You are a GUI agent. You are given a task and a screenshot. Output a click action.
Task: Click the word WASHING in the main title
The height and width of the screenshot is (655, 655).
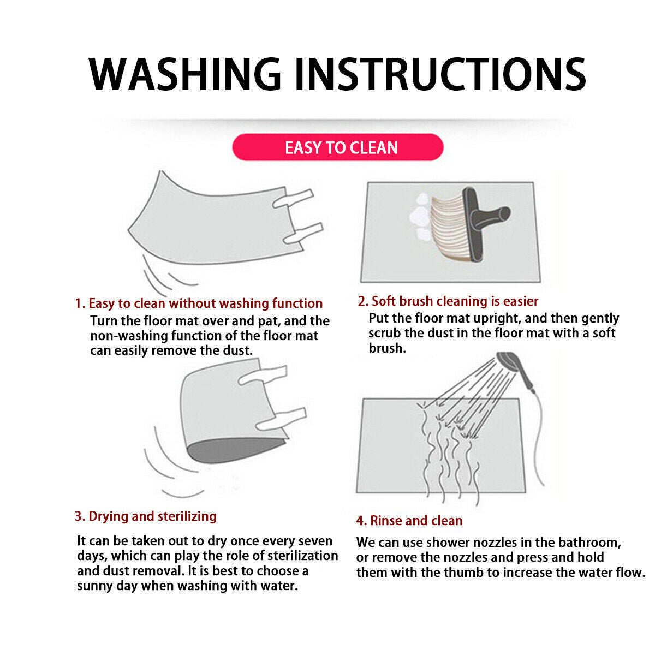pyautogui.click(x=184, y=74)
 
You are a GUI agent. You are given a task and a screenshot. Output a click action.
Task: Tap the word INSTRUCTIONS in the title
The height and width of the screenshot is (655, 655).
pyautogui.click(x=440, y=74)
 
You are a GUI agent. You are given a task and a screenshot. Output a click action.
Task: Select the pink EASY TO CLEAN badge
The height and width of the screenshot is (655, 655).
pyautogui.click(x=337, y=147)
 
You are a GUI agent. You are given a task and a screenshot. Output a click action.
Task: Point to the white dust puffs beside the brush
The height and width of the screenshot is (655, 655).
pyautogui.click(x=420, y=218)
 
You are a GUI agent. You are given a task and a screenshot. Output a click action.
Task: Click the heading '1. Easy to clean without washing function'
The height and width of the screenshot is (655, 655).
pyautogui.click(x=199, y=303)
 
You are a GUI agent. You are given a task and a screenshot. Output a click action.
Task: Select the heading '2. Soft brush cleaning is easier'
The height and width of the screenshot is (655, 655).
pyautogui.click(x=448, y=301)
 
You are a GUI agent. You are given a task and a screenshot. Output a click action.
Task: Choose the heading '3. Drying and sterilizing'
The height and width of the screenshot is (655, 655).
pyautogui.click(x=146, y=516)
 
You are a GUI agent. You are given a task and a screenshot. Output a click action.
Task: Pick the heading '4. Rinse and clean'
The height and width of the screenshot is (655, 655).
pyautogui.click(x=409, y=521)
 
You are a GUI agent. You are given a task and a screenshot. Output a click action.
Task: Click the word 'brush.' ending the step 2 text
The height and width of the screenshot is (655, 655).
pyautogui.click(x=387, y=348)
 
